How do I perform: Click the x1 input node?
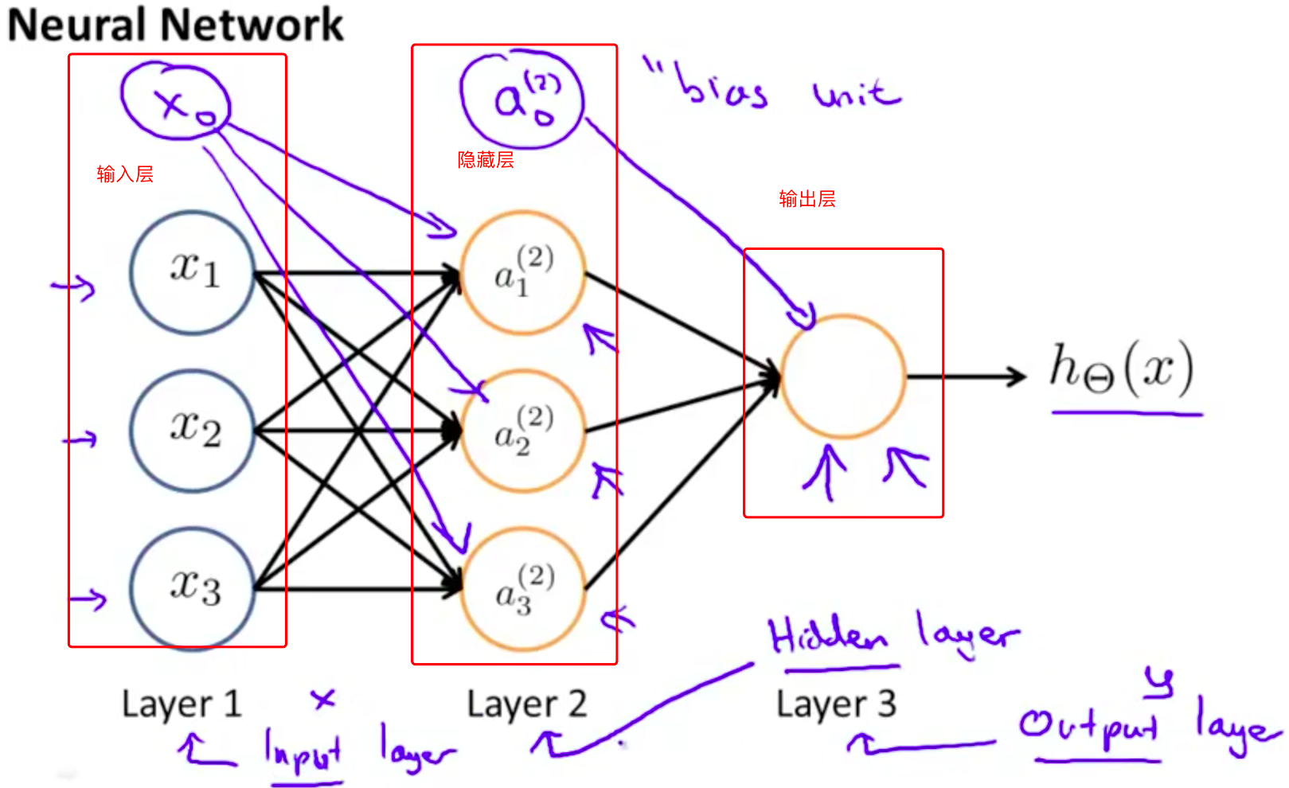(x=193, y=272)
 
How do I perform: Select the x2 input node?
(x=193, y=431)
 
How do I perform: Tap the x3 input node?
(x=193, y=588)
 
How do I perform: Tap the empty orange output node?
(x=843, y=376)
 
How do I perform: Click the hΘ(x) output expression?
(x=1122, y=369)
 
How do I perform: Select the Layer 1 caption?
(x=182, y=704)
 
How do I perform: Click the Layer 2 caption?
(x=526, y=704)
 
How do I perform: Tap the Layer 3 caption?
(x=836, y=704)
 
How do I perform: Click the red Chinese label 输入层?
(x=125, y=174)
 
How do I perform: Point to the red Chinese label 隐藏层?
(x=486, y=160)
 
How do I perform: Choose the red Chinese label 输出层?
(x=807, y=199)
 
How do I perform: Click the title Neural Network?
(x=175, y=24)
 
